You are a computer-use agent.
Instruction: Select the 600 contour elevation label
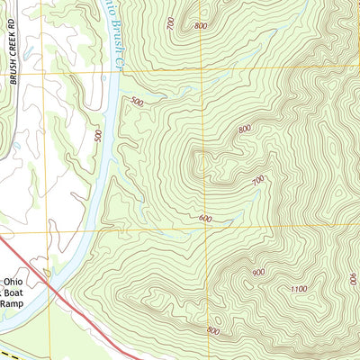(x=205, y=219)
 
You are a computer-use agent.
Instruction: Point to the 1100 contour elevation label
(x=299, y=288)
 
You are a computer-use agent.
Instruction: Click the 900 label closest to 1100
(x=259, y=272)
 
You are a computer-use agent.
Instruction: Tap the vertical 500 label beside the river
(x=98, y=135)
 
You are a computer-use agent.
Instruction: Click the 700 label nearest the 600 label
(x=258, y=180)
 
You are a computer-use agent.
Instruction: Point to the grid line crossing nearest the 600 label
(x=205, y=231)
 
